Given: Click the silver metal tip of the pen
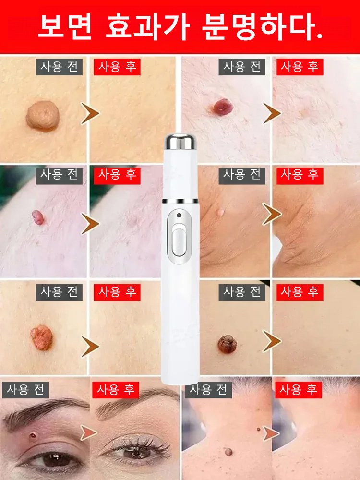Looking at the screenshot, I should tap(180, 141).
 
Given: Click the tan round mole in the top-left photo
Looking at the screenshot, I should tap(43, 115).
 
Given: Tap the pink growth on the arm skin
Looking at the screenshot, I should tap(37, 217).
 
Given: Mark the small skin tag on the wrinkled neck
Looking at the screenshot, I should tap(220, 212).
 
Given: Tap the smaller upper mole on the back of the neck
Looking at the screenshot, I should tap(258, 429).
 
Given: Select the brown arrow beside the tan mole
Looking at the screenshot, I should tap(90, 114).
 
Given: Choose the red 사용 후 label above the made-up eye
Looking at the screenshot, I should tap(116, 389).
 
